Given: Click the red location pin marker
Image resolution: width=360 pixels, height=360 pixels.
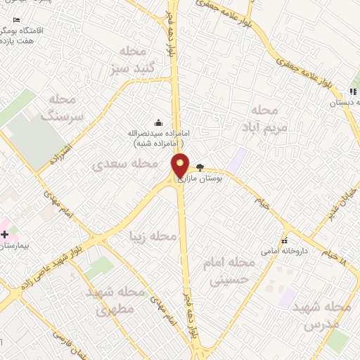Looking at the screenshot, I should (181, 165).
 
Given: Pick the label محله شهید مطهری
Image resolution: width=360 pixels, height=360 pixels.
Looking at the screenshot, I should (117, 300).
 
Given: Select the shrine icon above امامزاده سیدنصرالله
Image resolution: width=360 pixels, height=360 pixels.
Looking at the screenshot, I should (157, 122).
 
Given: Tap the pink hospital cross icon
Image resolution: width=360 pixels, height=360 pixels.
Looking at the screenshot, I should (5, 233).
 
